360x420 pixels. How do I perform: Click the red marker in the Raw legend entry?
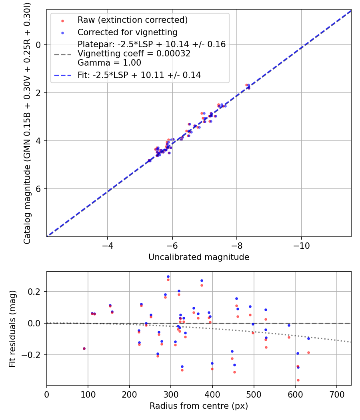62,20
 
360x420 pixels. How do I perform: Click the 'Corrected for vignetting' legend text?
127,32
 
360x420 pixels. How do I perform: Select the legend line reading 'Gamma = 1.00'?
109,63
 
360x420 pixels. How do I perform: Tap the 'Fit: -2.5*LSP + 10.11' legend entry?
139,75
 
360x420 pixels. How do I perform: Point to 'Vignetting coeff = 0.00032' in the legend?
134,54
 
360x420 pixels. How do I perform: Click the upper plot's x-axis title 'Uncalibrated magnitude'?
199,257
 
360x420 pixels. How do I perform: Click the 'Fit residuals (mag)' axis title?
12,328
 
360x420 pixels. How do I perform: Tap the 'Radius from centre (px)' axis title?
199,406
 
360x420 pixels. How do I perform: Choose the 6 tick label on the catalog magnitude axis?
38,189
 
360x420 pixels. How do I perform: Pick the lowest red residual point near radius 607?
298,380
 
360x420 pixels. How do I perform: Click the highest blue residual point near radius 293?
168,276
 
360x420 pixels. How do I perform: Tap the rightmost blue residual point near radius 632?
308,338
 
